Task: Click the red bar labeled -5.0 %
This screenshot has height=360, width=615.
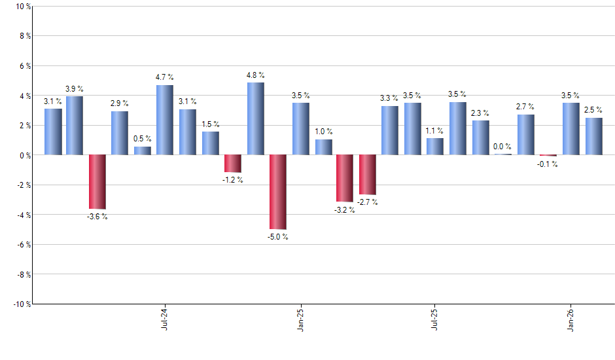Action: [278, 192]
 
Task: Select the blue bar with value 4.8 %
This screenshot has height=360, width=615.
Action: [256, 118]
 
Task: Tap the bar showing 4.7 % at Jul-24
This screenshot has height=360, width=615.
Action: [165, 120]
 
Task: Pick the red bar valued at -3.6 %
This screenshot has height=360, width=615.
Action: [97, 181]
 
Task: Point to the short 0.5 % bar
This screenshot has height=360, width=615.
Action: [143, 151]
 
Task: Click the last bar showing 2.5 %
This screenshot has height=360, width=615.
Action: [594, 136]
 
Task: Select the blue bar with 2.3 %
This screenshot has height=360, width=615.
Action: [481, 137]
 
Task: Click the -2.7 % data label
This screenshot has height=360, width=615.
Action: [367, 202]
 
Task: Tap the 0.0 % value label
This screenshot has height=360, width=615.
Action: [503, 147]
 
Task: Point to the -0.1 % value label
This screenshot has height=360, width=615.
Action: [548, 164]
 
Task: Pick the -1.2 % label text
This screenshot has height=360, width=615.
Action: [232, 180]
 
